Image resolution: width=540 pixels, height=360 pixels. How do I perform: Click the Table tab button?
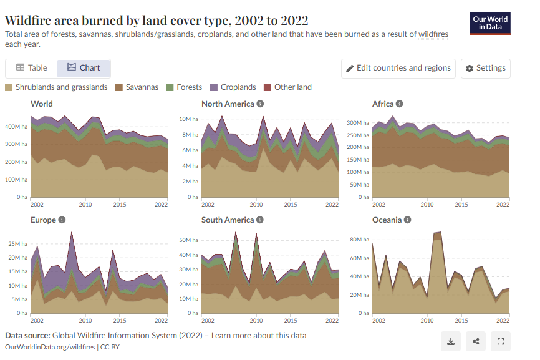pyautogui.click(x=31, y=68)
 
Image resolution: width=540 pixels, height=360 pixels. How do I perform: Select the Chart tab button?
pyautogui.click(x=84, y=68)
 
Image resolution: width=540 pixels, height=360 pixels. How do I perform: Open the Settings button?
pyautogui.click(x=486, y=68)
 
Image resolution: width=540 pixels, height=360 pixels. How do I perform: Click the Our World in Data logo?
pyautogui.click(x=489, y=24)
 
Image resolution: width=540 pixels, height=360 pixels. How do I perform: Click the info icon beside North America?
pyautogui.click(x=260, y=104)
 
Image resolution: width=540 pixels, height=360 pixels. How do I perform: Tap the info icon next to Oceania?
pyautogui.click(x=407, y=220)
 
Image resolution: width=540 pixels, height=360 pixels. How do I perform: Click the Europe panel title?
pyautogui.click(x=44, y=220)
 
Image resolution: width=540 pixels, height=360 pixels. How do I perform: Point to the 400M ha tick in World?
pyautogui.click(x=17, y=127)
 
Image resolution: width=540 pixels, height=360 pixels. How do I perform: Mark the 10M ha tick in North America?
pyautogui.click(x=189, y=119)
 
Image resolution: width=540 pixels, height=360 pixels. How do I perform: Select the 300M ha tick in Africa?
pyautogui.click(x=359, y=122)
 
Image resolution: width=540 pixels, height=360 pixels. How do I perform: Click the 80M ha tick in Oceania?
pyautogui.click(x=360, y=240)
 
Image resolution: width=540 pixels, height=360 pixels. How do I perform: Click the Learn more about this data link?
pyautogui.click(x=259, y=336)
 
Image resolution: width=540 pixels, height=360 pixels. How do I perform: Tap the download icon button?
pyautogui.click(x=450, y=341)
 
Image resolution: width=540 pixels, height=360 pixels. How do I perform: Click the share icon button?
pyautogui.click(x=476, y=341)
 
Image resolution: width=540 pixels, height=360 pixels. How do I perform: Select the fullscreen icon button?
pyautogui.click(x=501, y=341)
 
